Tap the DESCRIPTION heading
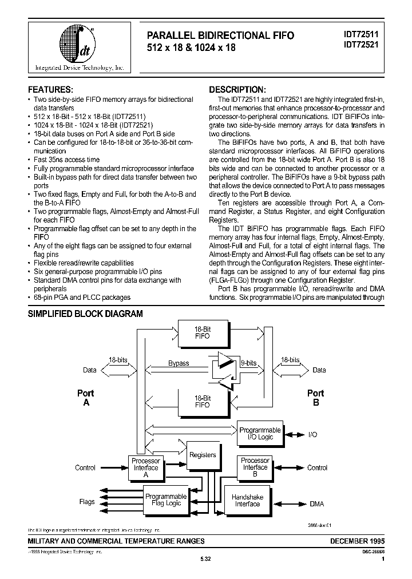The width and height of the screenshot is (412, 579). tap(237, 90)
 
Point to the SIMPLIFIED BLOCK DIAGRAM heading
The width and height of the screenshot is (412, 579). tap(85, 314)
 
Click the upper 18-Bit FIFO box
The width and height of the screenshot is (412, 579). tap(203, 333)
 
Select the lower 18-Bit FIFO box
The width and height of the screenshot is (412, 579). tap(203, 400)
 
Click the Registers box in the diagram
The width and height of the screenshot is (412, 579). tap(203, 455)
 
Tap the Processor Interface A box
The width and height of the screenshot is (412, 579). tap(145, 467)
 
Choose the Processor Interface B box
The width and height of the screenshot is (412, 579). tap(255, 467)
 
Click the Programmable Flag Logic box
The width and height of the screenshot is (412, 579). tap(166, 499)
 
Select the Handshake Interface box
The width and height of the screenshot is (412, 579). tap(247, 501)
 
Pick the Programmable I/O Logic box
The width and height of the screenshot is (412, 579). tap(260, 434)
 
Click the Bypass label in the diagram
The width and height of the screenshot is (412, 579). tap(179, 363)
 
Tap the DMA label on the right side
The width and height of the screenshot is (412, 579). tap(316, 503)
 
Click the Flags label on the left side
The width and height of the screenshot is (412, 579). tap(87, 502)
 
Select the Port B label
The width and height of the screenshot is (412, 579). tap(315, 398)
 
